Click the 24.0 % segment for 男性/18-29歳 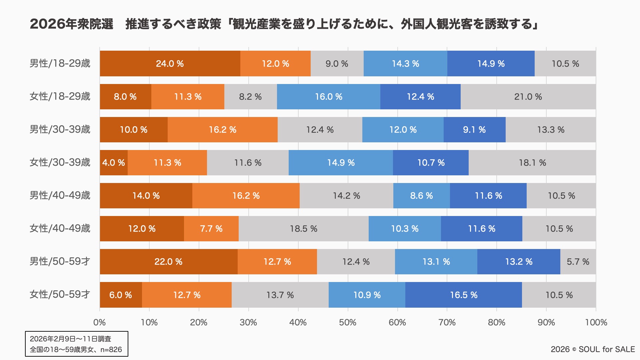tap(170, 64)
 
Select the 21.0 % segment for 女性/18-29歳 tap(528, 97)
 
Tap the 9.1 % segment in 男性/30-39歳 tap(474, 130)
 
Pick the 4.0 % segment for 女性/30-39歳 tap(114, 163)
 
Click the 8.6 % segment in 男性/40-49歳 tap(421, 196)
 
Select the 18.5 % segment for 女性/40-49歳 tap(303, 229)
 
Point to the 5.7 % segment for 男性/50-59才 tap(578, 262)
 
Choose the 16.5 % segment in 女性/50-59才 tap(463, 295)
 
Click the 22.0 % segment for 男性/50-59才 tap(168, 262)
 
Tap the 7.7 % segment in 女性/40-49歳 tap(211, 229)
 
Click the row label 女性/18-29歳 tap(60, 97)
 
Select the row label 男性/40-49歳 tap(60, 196)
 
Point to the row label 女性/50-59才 tap(60, 295)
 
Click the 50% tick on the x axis tap(348, 322)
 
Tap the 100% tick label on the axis tap(596, 322)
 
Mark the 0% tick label tap(100, 322)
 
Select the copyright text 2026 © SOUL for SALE tap(593, 349)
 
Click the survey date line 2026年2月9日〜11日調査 tap(70, 339)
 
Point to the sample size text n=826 tap(111, 350)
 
